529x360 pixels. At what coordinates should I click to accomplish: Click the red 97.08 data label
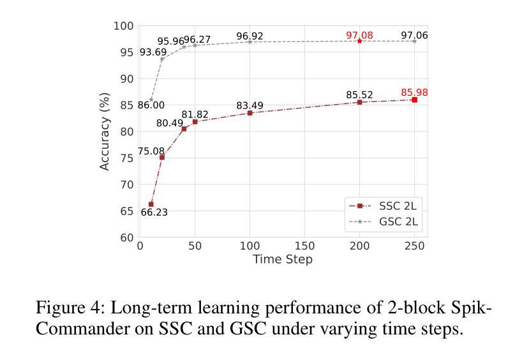click(359, 35)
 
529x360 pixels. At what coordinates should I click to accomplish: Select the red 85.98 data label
click(414, 93)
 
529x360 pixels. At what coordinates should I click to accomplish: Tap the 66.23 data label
click(154, 213)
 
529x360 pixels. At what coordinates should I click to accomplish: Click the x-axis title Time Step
click(283, 259)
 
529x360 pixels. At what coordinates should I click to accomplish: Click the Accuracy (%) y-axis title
click(105, 131)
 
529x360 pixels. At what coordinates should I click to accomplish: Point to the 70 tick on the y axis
click(127, 184)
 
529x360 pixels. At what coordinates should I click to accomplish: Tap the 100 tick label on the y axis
click(124, 26)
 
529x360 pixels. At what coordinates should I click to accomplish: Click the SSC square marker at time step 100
click(250, 113)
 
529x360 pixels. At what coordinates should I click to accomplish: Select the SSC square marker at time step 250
click(415, 100)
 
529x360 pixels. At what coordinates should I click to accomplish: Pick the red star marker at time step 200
click(360, 41)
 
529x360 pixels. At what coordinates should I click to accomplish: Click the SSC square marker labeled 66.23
click(151, 204)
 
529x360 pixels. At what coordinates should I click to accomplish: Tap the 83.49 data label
click(250, 105)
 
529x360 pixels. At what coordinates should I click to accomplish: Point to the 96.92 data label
click(250, 36)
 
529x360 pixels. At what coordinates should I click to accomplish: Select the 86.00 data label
click(151, 105)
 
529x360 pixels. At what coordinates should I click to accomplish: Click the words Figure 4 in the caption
click(70, 308)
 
